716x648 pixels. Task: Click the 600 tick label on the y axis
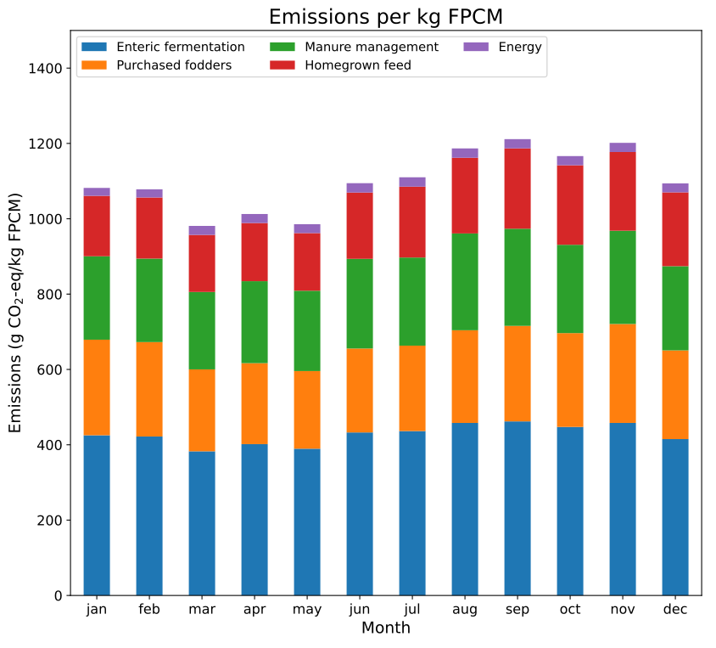click(x=49, y=370)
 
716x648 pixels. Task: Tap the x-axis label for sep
click(x=517, y=610)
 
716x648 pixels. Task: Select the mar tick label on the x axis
click(x=202, y=610)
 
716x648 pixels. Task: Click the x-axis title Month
click(x=385, y=628)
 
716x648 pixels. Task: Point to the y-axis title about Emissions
click(x=15, y=313)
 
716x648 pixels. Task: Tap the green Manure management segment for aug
click(x=465, y=282)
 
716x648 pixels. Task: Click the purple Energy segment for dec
click(x=675, y=188)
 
